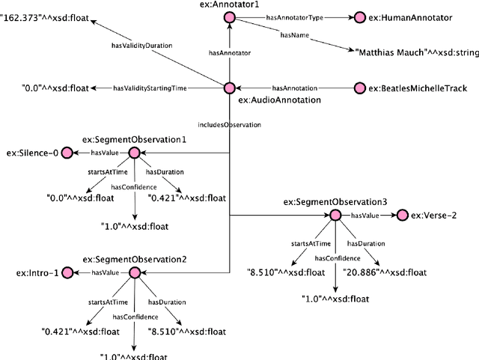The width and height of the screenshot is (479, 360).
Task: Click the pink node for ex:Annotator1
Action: (229, 16)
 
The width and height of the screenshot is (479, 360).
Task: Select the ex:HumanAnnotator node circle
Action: (359, 16)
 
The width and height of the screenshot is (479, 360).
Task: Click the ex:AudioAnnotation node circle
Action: (229, 88)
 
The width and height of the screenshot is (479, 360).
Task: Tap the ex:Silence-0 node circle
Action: (66, 153)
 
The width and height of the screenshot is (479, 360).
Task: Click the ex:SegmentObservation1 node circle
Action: (134, 153)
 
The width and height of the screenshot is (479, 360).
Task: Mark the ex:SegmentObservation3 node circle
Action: (335, 216)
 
